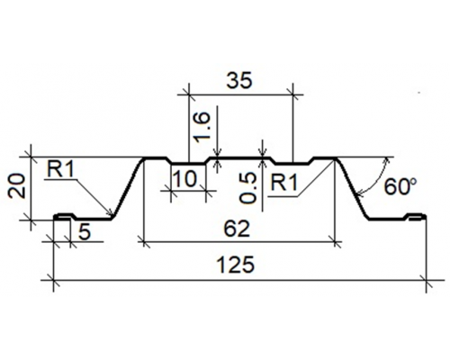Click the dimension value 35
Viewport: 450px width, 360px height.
pyautogui.click(x=239, y=81)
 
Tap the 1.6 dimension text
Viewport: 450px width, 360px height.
pyautogui.click(x=202, y=127)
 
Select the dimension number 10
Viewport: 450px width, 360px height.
pyautogui.click(x=185, y=179)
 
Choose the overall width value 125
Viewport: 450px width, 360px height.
pyautogui.click(x=235, y=265)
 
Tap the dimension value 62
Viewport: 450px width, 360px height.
pyautogui.click(x=237, y=229)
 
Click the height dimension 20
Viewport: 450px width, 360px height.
pyautogui.click(x=16, y=186)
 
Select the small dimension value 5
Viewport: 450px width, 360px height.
pyautogui.click(x=85, y=232)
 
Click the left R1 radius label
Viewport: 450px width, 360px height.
pyautogui.click(x=60, y=171)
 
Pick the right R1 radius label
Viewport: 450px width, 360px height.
pyautogui.click(x=284, y=183)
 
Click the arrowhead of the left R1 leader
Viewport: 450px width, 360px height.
pyautogui.click(x=112, y=214)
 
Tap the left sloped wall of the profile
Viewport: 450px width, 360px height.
pyautogui.click(x=127, y=189)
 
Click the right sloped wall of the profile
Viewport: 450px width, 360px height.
pyautogui.click(x=352, y=189)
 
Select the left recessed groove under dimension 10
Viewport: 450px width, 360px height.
pyautogui.click(x=188, y=163)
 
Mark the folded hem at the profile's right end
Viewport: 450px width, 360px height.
pyautogui.click(x=417, y=217)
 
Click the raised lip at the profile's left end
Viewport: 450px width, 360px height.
pyautogui.click(x=65, y=216)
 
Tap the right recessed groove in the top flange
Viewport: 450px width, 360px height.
pyautogui.click(x=292, y=163)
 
